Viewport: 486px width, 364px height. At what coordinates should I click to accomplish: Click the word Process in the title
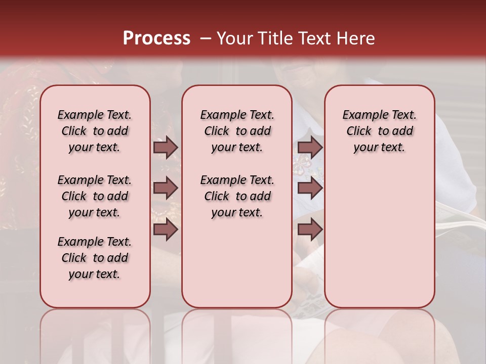click(156, 38)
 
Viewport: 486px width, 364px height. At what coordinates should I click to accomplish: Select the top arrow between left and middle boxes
click(166, 148)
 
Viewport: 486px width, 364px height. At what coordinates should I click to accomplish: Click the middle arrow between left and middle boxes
click(166, 189)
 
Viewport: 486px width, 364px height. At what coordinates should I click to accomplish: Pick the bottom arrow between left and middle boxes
click(166, 230)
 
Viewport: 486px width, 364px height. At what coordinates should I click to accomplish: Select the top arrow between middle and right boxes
click(310, 148)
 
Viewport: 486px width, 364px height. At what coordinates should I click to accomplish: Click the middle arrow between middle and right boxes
click(310, 189)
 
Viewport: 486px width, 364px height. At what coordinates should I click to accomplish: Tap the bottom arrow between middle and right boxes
click(310, 230)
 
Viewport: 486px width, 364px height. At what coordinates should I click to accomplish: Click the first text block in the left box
click(95, 131)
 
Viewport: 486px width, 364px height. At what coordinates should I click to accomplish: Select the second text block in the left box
click(95, 196)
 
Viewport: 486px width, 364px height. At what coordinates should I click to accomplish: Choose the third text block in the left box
click(95, 258)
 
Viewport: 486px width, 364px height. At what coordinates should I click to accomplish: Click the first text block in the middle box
click(237, 131)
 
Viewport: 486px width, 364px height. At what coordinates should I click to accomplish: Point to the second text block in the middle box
click(237, 196)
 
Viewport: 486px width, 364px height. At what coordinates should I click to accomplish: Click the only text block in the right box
click(379, 131)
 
